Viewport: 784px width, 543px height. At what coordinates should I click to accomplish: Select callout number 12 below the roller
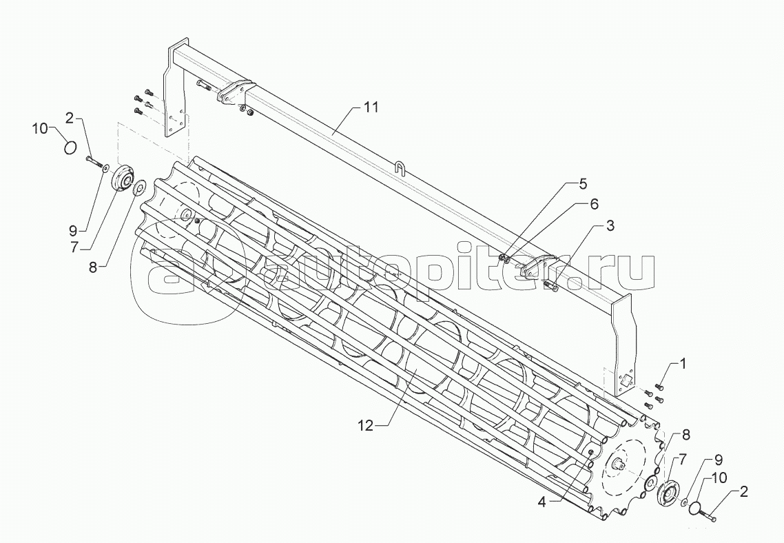tap(366, 425)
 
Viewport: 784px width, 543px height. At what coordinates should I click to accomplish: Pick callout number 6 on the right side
tap(593, 204)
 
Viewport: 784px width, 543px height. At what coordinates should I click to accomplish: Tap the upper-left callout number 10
tap(41, 129)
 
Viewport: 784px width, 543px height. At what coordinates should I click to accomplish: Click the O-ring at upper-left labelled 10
tap(70, 147)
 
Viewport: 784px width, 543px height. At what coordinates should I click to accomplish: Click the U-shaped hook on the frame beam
tap(400, 167)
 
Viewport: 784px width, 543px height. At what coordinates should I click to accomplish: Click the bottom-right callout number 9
tap(718, 458)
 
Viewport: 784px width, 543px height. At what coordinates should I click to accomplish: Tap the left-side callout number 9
tap(73, 231)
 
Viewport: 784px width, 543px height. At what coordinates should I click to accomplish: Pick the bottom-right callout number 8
tap(685, 435)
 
